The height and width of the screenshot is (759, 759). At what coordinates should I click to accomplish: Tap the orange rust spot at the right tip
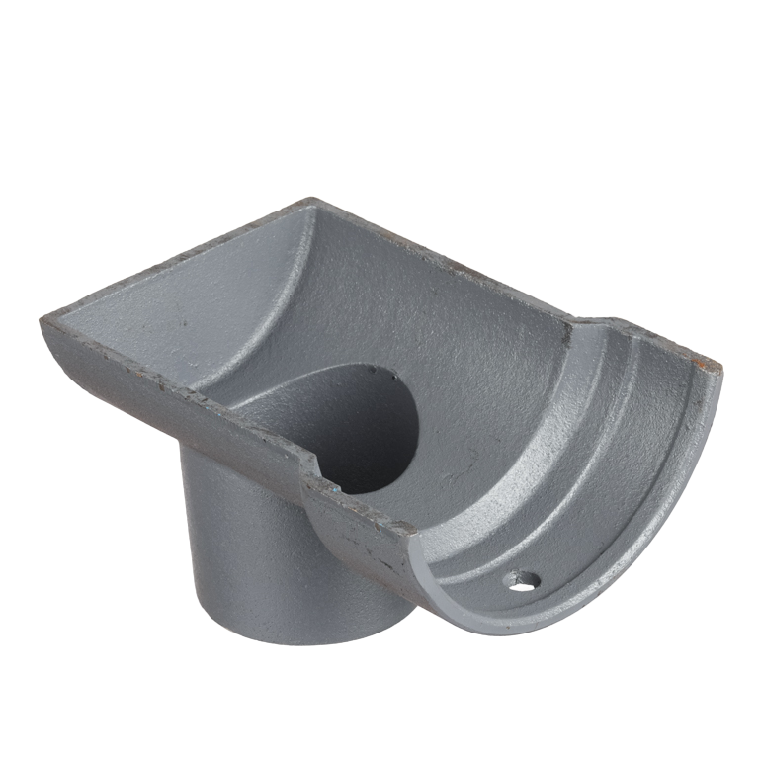click(714, 369)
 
